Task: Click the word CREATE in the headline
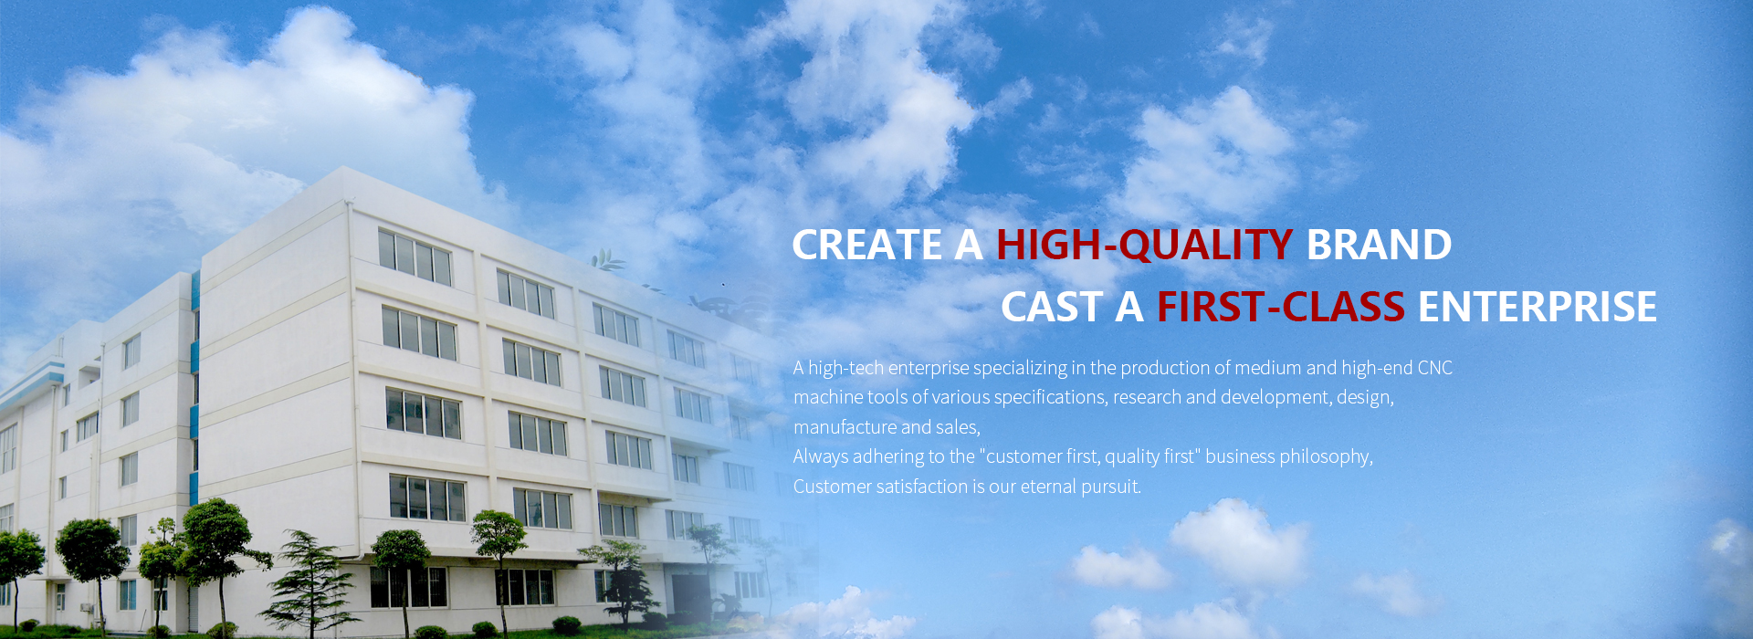pos(867,245)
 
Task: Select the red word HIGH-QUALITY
pos(1144,246)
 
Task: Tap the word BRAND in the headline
pos(1379,245)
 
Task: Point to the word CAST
pos(1052,307)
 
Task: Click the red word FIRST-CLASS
pos(1281,307)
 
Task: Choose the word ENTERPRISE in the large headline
pos(1538,307)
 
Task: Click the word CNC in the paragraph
pos(1434,368)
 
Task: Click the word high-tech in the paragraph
pos(845,368)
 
